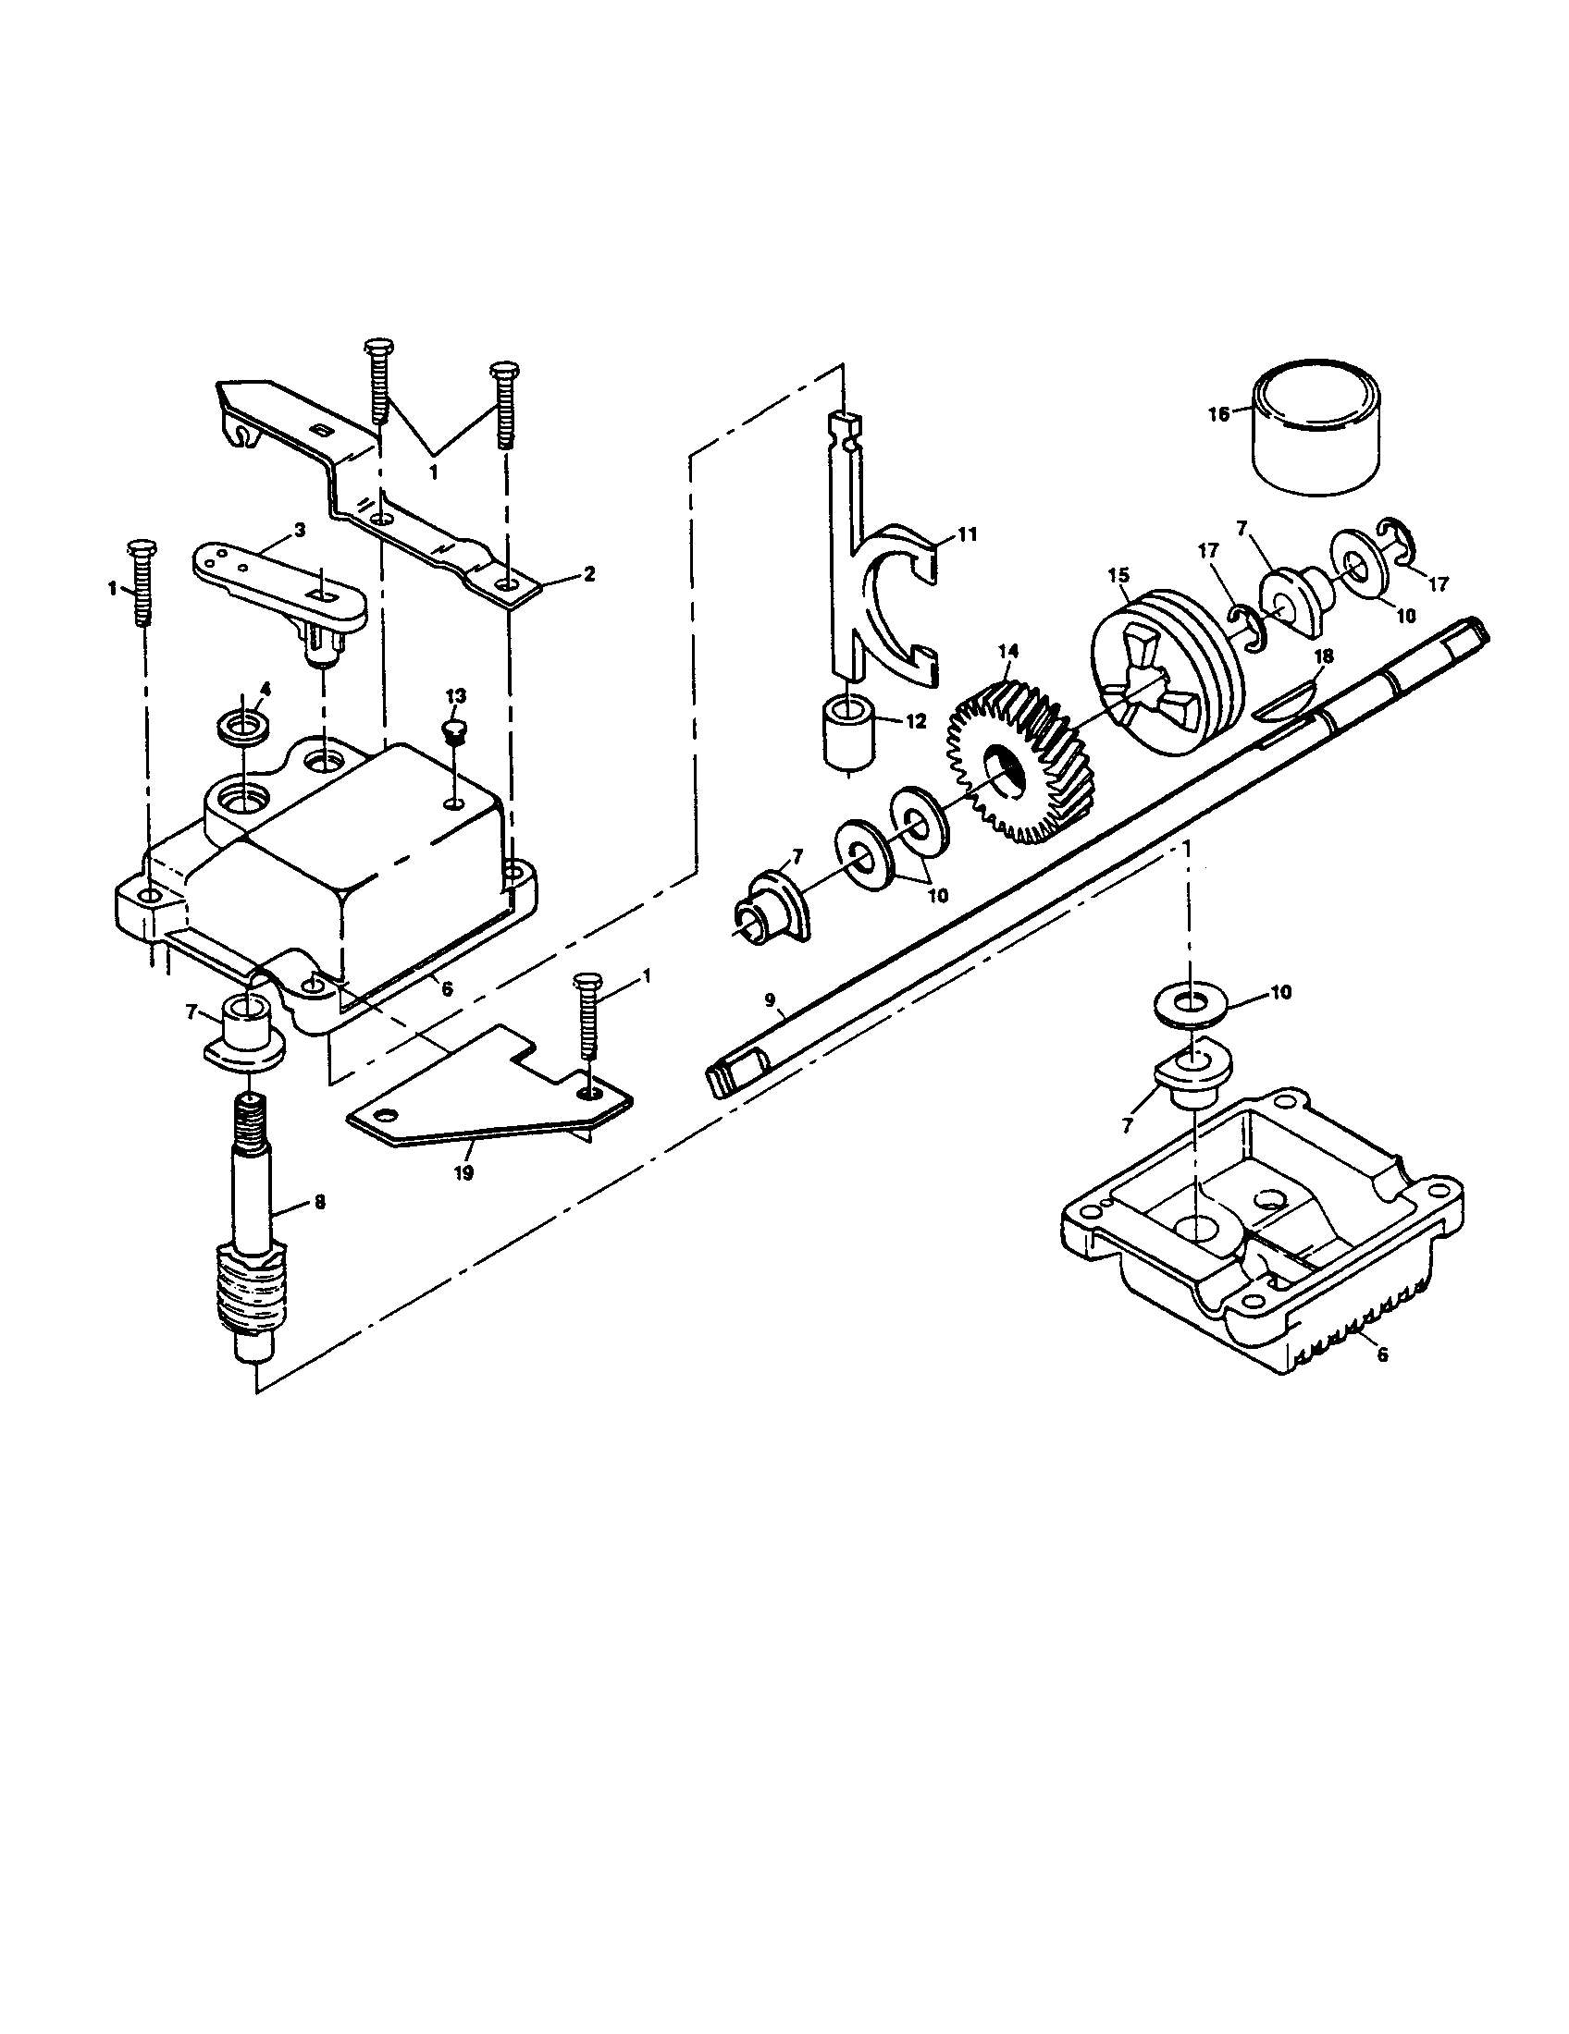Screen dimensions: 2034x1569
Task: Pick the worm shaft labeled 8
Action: pos(250,1239)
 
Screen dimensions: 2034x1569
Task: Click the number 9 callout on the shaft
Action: pos(770,999)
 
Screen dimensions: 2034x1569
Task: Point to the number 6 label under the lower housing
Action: pos(1382,1355)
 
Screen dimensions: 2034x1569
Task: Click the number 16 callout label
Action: pos(1218,414)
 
